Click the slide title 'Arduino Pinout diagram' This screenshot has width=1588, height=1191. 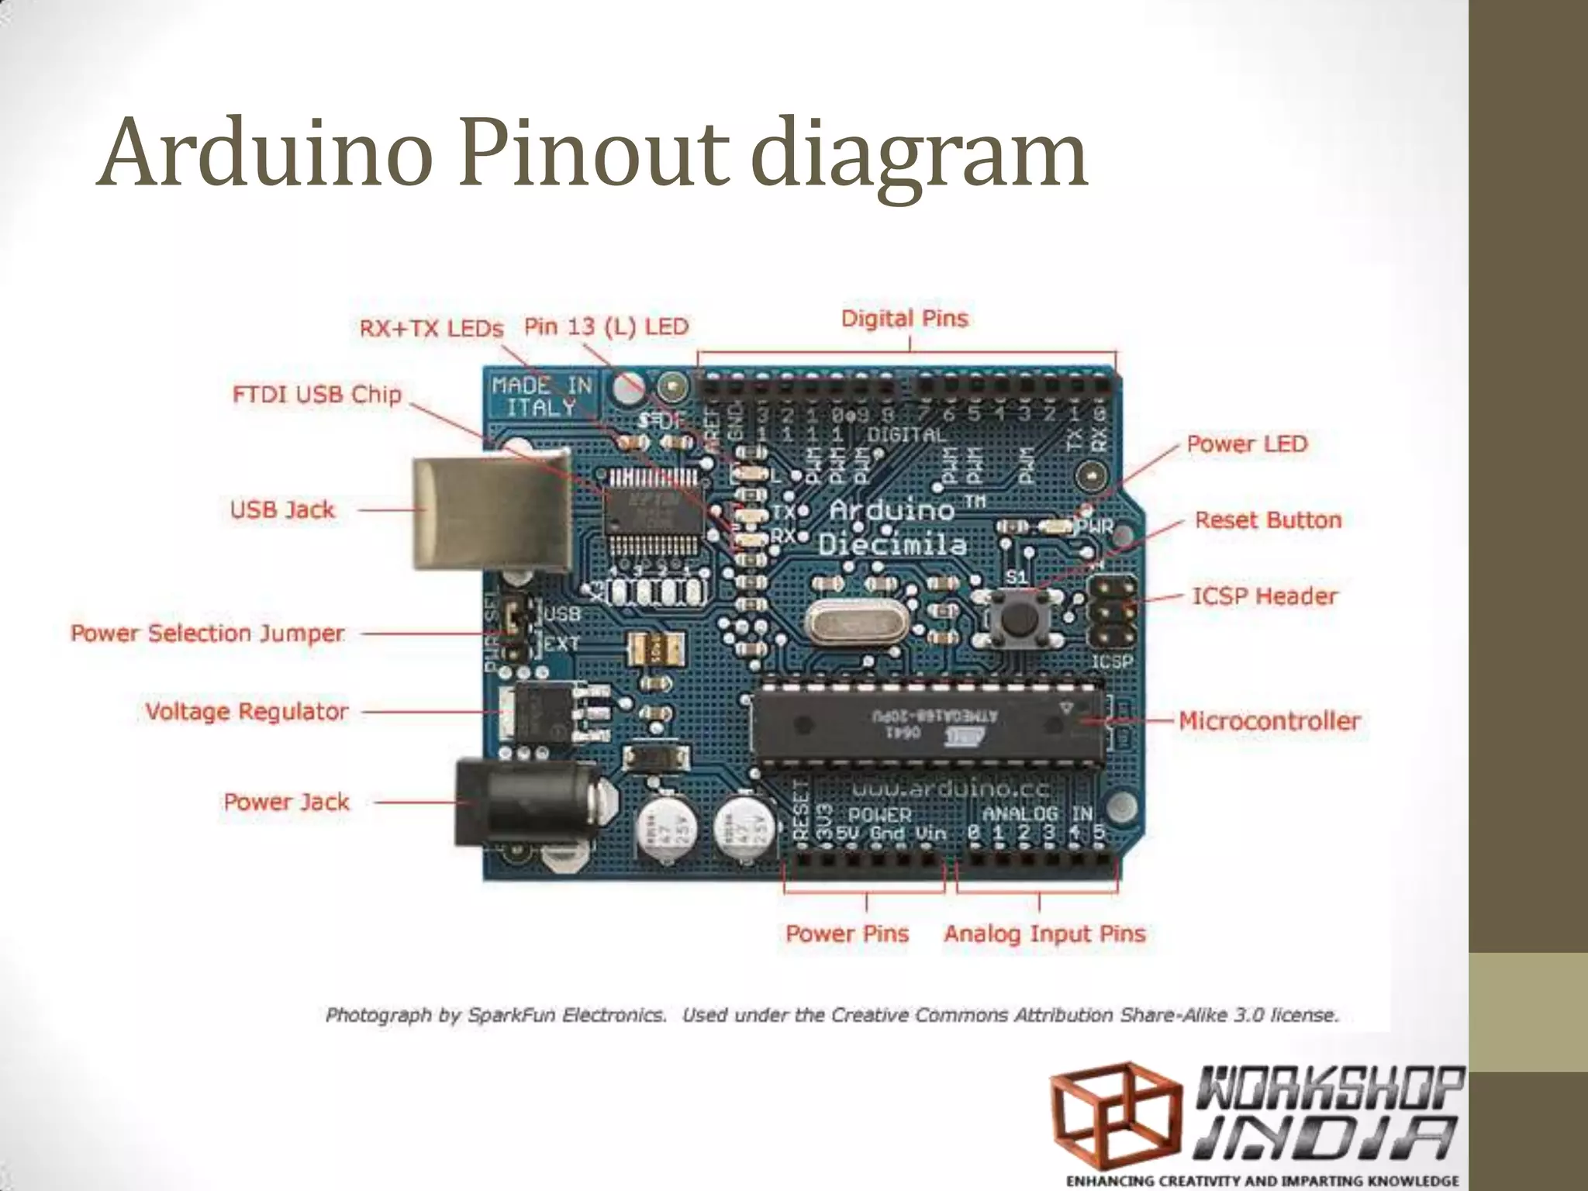(x=593, y=154)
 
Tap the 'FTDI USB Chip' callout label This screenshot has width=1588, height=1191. (x=317, y=395)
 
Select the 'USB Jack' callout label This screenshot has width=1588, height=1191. (x=282, y=510)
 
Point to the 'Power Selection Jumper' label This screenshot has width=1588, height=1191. (x=207, y=633)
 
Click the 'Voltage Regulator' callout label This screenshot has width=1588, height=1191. (x=247, y=712)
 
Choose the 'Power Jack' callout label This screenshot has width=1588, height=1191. (x=286, y=802)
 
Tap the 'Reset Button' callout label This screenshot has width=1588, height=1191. (x=1268, y=520)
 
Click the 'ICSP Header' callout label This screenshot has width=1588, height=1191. (x=1265, y=596)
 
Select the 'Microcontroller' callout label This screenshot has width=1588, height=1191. (x=1269, y=721)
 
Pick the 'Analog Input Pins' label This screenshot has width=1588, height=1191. (x=1044, y=934)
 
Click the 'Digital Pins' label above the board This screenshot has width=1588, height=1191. (x=905, y=319)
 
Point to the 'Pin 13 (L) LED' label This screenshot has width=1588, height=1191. (x=606, y=326)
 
